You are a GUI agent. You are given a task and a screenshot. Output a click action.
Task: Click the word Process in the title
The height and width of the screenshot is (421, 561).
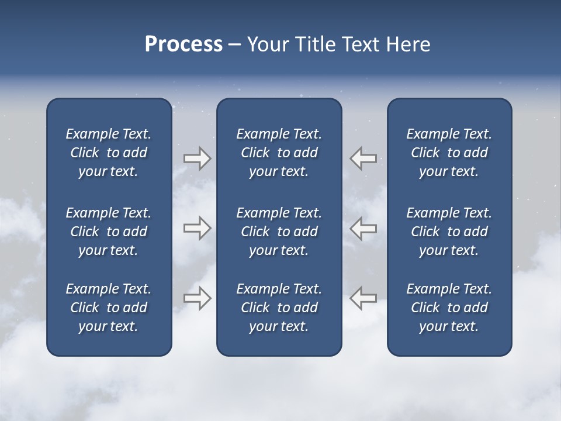(183, 44)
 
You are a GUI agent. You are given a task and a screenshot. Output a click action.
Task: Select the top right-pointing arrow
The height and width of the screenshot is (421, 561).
(197, 158)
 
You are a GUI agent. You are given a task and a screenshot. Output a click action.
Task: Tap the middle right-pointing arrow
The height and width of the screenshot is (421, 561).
(197, 228)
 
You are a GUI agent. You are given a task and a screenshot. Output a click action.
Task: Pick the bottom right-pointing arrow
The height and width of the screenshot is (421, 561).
(197, 298)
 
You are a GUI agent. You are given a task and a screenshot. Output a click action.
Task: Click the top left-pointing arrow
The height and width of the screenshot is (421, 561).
(363, 158)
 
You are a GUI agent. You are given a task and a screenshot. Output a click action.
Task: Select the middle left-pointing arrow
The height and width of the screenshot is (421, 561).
(363, 228)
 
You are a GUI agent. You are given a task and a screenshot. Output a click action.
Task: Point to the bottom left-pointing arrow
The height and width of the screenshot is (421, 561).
(363, 298)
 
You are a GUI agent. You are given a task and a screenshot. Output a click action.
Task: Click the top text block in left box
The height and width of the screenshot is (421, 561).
(109, 153)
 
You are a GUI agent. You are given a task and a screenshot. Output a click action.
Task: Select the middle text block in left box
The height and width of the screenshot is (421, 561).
(109, 232)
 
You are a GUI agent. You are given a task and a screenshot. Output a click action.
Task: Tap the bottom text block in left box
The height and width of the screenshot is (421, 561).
(109, 308)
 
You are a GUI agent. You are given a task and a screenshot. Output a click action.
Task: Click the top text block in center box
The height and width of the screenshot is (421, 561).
(279, 153)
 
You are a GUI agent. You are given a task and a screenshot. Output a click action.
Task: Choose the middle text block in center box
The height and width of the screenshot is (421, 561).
(279, 232)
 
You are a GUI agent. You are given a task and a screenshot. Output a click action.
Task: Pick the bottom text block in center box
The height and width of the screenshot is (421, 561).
(279, 308)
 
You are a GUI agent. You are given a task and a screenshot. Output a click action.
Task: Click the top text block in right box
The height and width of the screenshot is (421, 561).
(449, 153)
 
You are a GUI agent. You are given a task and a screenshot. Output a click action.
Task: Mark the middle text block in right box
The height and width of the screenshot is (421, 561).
(449, 232)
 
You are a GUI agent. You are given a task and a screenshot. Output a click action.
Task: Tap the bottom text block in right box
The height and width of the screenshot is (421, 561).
(449, 308)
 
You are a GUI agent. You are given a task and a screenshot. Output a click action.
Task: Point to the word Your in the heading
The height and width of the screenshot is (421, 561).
(267, 44)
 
